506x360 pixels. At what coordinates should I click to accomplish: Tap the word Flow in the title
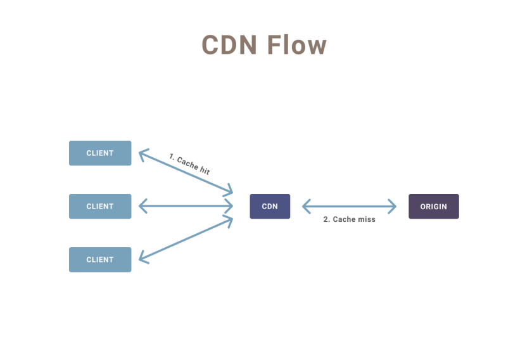(296, 45)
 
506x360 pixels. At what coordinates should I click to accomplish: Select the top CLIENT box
(100, 153)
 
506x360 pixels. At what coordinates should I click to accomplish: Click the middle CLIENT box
(100, 207)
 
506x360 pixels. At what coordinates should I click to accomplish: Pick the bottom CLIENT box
(100, 260)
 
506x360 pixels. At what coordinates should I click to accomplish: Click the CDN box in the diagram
(270, 207)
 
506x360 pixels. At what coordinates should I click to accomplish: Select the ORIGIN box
(433, 207)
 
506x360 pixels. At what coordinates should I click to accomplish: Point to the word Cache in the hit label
(187, 164)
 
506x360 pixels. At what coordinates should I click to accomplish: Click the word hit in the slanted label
(204, 170)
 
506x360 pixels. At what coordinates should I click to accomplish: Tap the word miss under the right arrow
(365, 219)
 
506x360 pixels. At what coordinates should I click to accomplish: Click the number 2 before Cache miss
(326, 219)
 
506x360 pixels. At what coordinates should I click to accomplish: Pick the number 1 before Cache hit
(172, 156)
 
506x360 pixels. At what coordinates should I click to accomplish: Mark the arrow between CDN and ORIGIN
(349, 206)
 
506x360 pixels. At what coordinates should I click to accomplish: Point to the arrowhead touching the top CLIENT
(142, 153)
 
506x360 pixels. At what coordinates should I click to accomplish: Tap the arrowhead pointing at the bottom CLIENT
(142, 259)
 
